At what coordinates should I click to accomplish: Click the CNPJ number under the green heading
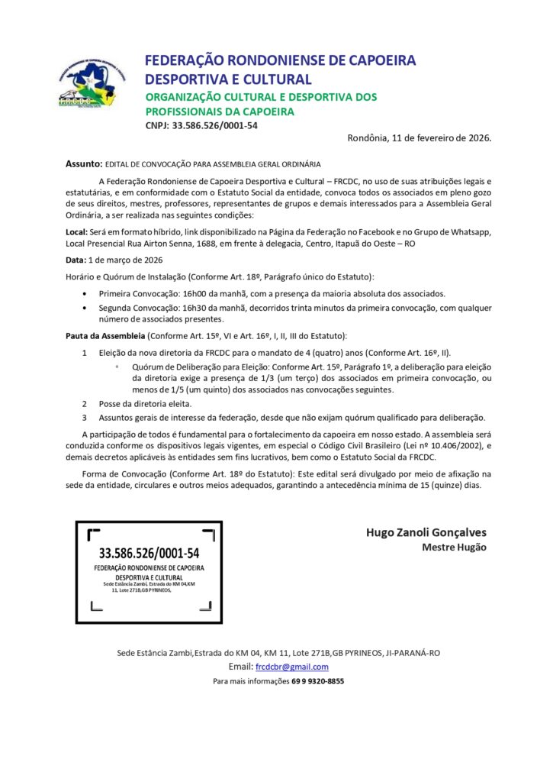point(215,125)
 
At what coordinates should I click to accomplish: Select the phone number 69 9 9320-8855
point(317,681)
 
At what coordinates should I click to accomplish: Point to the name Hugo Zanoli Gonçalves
point(426,532)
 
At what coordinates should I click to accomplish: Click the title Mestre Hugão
point(454,547)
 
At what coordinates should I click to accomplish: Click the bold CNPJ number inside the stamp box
point(149,553)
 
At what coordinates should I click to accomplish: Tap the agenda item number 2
point(85,403)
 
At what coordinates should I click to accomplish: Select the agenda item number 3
point(85,417)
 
